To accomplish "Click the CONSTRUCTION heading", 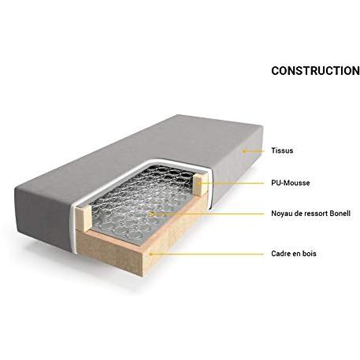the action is (x=315, y=71).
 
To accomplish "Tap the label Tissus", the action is (x=282, y=150).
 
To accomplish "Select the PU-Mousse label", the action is (x=291, y=183).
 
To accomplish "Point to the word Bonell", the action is (x=340, y=213).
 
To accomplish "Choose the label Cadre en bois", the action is (x=294, y=254).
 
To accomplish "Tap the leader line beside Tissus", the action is (x=254, y=151).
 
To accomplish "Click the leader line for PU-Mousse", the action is (x=231, y=184).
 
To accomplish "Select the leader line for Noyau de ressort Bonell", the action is (x=207, y=213).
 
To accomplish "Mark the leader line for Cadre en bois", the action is (x=207, y=254).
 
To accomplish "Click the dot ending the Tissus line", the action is (x=243, y=151).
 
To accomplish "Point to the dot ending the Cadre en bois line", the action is (x=150, y=254).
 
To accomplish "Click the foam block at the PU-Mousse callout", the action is (x=202, y=184).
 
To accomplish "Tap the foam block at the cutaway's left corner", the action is (x=84, y=219).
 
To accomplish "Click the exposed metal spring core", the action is (x=140, y=202).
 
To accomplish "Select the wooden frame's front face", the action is (x=109, y=251).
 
